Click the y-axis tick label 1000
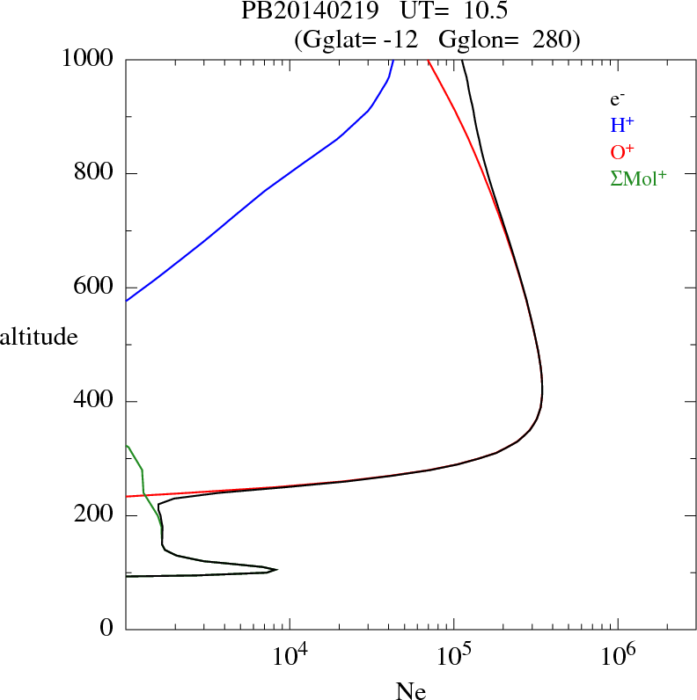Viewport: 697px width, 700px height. point(89,59)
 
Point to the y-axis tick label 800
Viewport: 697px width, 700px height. point(95,173)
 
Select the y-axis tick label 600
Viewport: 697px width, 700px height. point(95,288)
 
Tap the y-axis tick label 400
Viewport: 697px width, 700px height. point(95,402)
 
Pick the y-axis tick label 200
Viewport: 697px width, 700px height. point(95,515)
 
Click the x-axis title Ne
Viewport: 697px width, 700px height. point(410,691)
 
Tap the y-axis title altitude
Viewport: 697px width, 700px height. point(39,337)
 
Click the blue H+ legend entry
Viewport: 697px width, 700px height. point(622,127)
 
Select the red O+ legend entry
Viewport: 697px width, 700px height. point(622,153)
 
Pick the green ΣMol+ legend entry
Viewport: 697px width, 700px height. point(638,179)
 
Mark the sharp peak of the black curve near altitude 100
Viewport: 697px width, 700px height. point(277,569)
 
